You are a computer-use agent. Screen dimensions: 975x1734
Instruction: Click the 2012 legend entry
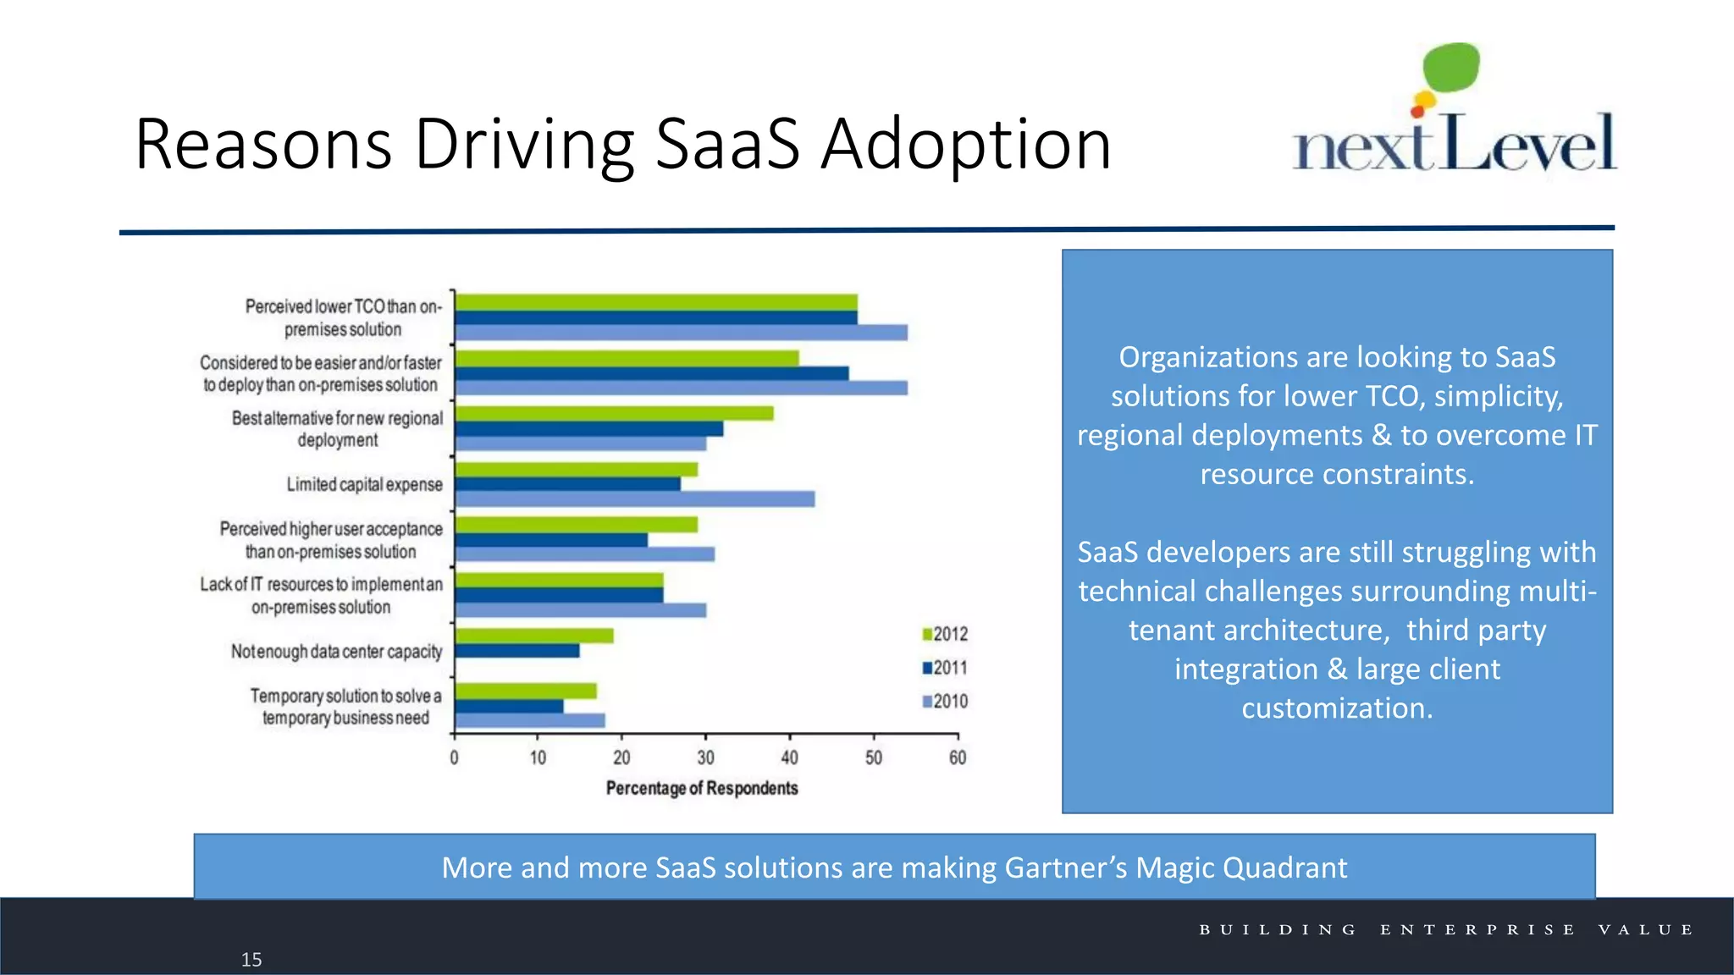tap(945, 634)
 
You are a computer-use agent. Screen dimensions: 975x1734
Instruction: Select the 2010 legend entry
tap(945, 702)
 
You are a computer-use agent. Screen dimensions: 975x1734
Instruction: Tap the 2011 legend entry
tap(945, 668)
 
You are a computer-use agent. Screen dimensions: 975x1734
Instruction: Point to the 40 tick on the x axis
tap(789, 757)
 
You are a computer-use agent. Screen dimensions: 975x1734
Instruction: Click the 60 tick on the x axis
tap(957, 757)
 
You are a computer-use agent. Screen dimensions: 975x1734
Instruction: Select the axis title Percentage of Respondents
tap(702, 789)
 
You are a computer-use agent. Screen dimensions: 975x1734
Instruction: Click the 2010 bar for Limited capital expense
tap(634, 499)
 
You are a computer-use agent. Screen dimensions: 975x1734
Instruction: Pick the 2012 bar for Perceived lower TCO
tap(655, 302)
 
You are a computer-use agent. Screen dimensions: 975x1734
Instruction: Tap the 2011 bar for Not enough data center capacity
tap(516, 651)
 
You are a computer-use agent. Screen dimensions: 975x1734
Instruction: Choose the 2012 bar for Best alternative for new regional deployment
tap(614, 413)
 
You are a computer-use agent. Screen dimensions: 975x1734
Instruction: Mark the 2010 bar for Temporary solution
tap(530, 720)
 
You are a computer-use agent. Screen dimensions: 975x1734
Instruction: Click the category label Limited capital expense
tap(364, 484)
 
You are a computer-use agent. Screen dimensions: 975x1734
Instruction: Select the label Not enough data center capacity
tap(336, 652)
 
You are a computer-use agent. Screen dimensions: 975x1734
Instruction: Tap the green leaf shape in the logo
tap(1451, 67)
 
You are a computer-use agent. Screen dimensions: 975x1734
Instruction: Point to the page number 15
tap(251, 960)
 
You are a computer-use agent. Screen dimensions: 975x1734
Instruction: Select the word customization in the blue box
tap(1337, 708)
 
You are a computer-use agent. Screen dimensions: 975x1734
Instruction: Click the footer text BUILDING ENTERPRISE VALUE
tap(1446, 929)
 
